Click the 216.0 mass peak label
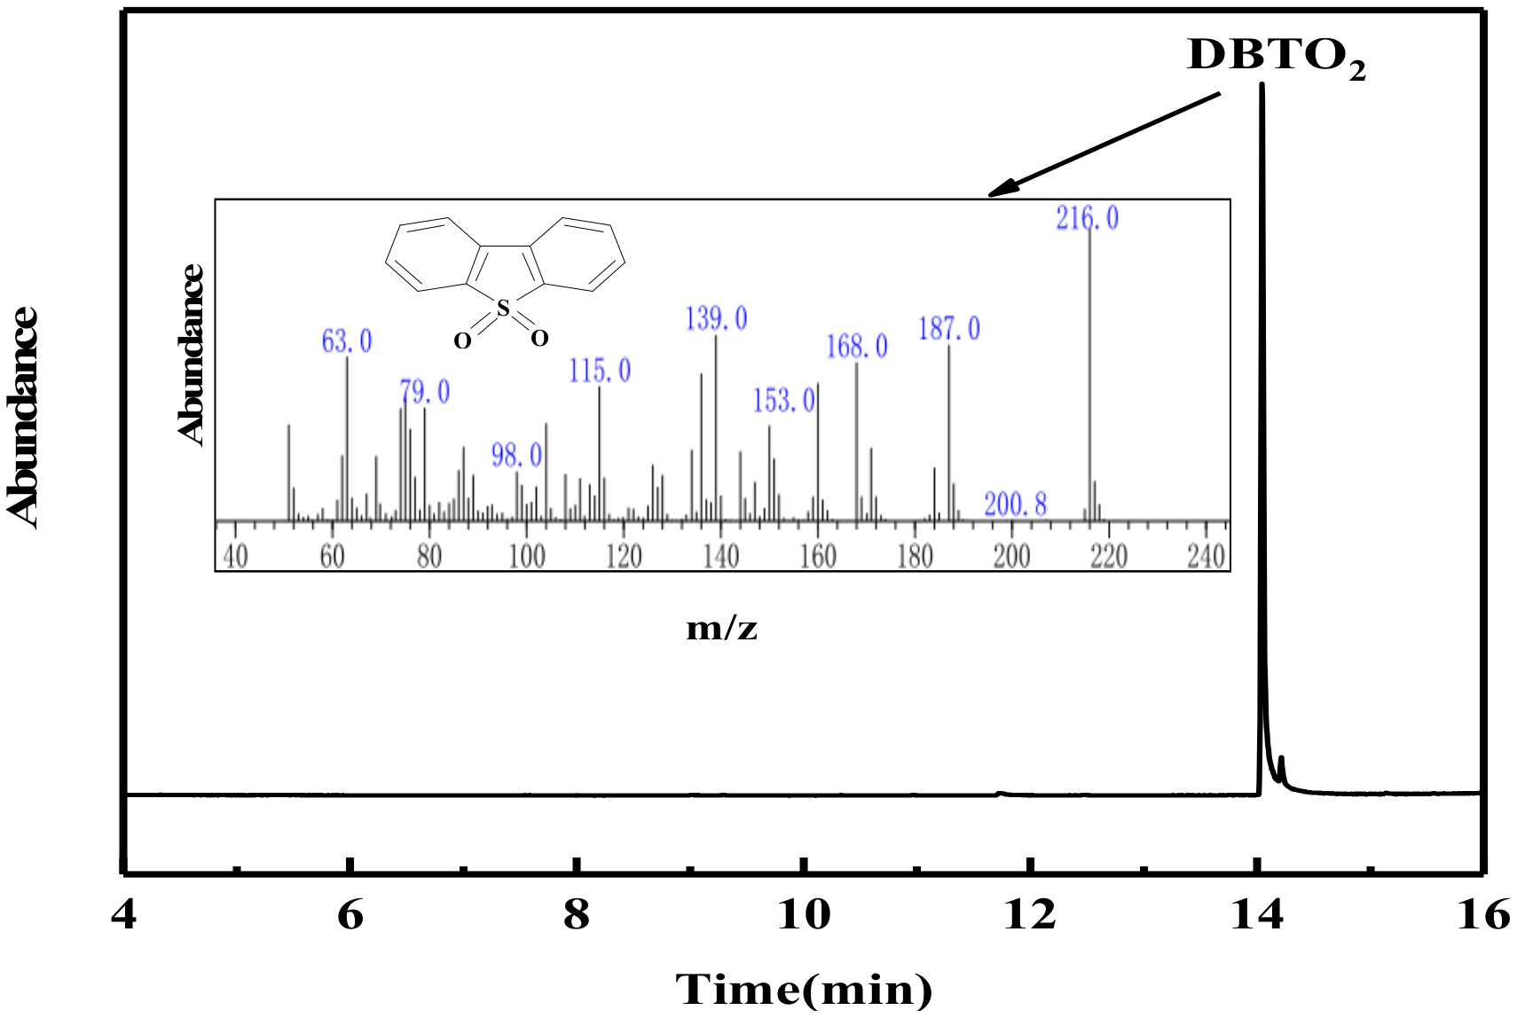1087,218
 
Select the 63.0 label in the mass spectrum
347,341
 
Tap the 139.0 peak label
716,319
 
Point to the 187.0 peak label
949,330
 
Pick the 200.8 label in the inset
1015,505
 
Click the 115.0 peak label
600,371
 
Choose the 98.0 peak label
516,456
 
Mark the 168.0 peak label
857,347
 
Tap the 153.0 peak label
783,401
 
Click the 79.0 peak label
424,392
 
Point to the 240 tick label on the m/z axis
1206,557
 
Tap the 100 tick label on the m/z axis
526,557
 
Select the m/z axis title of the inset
721,629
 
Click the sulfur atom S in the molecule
503,309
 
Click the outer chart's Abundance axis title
23,417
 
